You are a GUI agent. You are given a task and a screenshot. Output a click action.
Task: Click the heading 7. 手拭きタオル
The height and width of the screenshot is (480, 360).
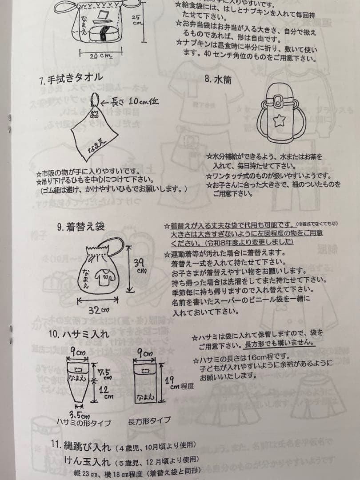point(71,81)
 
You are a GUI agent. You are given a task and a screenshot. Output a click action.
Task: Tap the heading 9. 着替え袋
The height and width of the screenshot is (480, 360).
point(81,227)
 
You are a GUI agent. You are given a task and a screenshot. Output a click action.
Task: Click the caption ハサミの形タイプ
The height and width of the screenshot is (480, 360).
point(83,422)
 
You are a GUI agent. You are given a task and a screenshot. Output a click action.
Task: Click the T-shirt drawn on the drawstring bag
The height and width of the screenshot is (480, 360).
point(106,278)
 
